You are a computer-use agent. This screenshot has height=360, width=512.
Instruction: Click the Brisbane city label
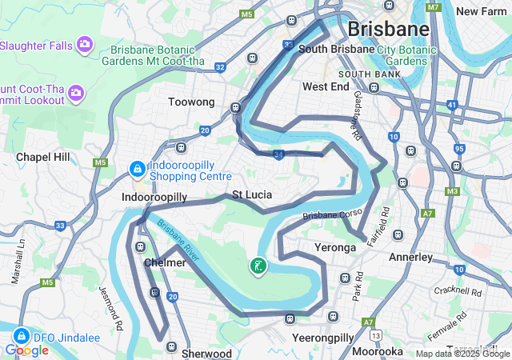389,30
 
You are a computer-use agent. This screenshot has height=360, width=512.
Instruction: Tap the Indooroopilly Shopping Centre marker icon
137,170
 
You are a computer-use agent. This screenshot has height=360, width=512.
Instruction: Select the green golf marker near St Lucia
258,266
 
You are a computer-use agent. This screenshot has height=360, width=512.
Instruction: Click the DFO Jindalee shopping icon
22,337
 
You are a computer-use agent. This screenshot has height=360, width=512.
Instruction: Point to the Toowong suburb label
191,102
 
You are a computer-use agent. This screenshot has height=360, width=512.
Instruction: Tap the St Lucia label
252,194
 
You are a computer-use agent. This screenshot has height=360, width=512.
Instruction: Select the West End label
326,86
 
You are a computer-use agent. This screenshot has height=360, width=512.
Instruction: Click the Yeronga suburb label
335,248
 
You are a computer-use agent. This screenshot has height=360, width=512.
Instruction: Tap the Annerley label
410,258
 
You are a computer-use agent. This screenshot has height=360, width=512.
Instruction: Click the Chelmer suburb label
166,262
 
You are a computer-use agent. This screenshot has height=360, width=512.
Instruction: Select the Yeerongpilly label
322,338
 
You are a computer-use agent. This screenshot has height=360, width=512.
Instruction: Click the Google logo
26,350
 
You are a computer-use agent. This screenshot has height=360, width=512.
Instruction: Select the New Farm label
482,11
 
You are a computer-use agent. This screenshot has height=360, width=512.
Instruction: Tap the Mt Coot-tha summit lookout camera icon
77,94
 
